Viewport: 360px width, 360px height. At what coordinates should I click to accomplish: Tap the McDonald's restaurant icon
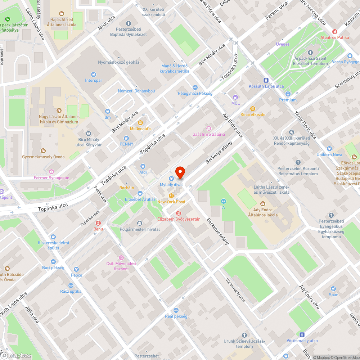pyautogui.click(x=140, y=122)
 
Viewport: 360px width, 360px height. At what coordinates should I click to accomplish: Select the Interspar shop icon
pyautogui.click(x=94, y=74)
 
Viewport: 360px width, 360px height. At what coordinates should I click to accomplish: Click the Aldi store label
pyautogui.click(x=143, y=172)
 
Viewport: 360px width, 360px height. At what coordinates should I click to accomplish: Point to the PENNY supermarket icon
pyautogui.click(x=126, y=138)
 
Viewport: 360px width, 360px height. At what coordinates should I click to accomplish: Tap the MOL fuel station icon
pyautogui.click(x=235, y=97)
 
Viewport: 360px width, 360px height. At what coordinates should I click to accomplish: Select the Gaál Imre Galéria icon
pyautogui.click(x=208, y=128)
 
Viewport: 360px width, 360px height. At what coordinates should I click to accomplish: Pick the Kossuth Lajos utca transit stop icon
pyautogui.click(x=266, y=80)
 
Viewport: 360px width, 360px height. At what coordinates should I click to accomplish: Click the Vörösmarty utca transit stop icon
pyautogui.click(x=302, y=334)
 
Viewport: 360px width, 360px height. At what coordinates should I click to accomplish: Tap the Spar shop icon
pyautogui.click(x=333, y=288)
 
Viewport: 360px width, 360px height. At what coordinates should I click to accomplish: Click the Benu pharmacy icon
pyautogui.click(x=98, y=223)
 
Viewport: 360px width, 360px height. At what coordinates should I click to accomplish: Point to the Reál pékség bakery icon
pyautogui.click(x=176, y=310)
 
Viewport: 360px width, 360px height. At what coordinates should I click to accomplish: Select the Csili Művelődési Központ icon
pyautogui.click(x=121, y=258)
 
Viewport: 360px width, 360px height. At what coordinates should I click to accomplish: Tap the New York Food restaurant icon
pyautogui.click(x=171, y=195)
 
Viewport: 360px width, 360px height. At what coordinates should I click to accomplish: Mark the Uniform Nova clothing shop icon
pyautogui.click(x=329, y=148)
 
